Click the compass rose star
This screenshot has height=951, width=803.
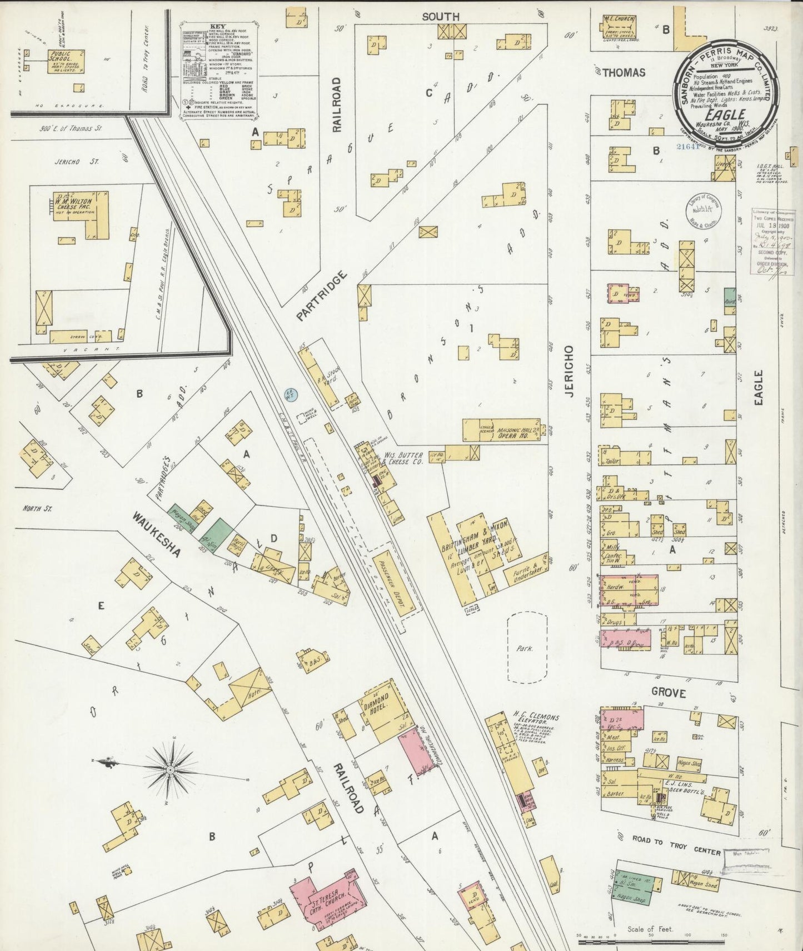click(170, 769)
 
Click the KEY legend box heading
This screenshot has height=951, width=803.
click(218, 26)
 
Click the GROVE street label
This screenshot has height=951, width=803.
click(669, 693)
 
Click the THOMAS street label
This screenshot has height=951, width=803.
click(624, 72)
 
